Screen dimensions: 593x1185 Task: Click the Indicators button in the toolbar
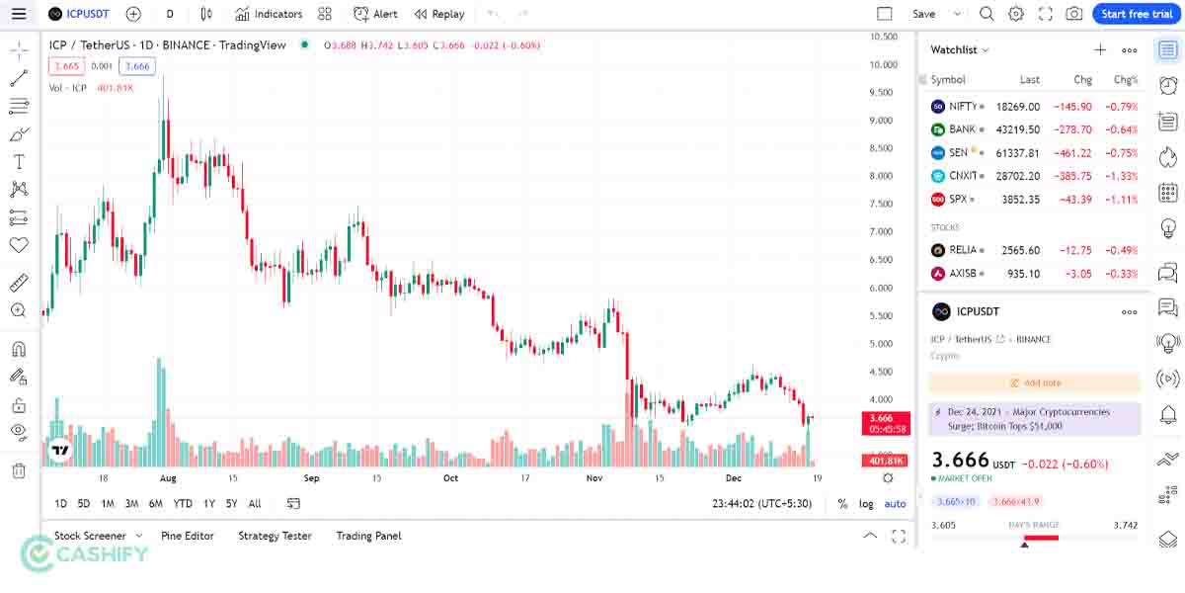[x=269, y=14]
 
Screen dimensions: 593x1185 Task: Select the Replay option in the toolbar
[x=439, y=14]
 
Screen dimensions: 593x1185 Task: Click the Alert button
[x=375, y=14]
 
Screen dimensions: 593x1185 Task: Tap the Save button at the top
[x=923, y=14]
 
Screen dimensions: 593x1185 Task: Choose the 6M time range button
[x=156, y=504]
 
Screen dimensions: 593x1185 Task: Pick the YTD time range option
[x=183, y=504]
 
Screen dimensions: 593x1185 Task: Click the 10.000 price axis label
[x=882, y=65]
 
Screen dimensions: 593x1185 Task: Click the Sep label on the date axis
[x=312, y=478]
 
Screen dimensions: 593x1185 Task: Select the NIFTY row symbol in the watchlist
[x=963, y=107]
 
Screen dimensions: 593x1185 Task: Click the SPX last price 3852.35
[x=1017, y=200]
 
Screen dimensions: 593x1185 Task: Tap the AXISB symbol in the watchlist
[x=963, y=274]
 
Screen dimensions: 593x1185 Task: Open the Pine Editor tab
[x=188, y=536]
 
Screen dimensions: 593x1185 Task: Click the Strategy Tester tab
[x=275, y=536]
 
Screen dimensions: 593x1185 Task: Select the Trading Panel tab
[x=368, y=536]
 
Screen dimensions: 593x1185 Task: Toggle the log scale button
[x=866, y=504]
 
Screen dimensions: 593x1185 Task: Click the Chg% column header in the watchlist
[x=1126, y=80]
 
